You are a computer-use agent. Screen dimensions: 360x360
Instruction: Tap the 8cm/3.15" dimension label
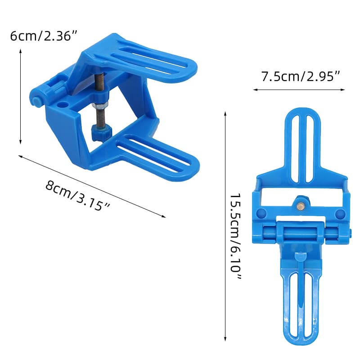coord(78,195)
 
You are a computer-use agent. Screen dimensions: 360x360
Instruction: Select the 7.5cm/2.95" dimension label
coord(300,76)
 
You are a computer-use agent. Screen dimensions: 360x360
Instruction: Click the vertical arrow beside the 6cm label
coord(20,96)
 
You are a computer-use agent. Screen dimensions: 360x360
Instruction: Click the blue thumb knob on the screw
coord(100,132)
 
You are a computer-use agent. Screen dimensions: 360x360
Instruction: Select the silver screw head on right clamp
coord(300,205)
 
